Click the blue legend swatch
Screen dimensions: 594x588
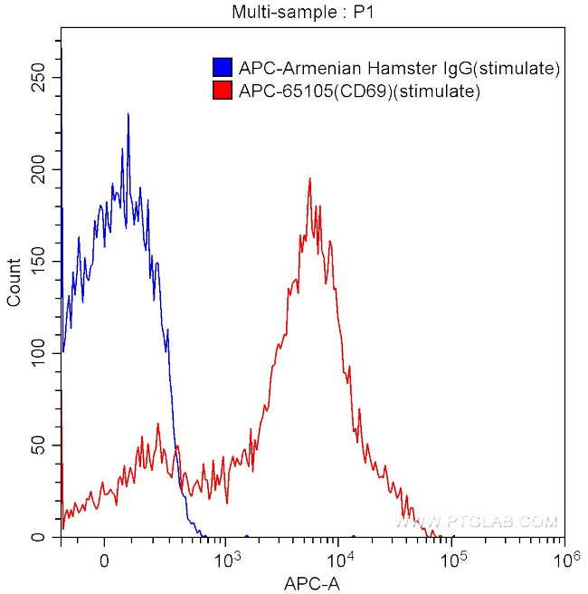pyautogui.click(x=222, y=68)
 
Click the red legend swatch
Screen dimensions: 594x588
pyautogui.click(x=222, y=91)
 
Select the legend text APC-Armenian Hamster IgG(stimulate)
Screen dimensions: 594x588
pyautogui.click(x=399, y=68)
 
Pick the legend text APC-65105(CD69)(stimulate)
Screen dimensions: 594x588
pyautogui.click(x=358, y=91)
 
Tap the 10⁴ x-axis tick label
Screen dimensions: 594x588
pyautogui.click(x=339, y=558)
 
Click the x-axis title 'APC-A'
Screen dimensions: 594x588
pyautogui.click(x=314, y=583)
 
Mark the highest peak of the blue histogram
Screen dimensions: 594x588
pyautogui.click(x=128, y=114)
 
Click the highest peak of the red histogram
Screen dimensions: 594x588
pyautogui.click(x=309, y=178)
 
